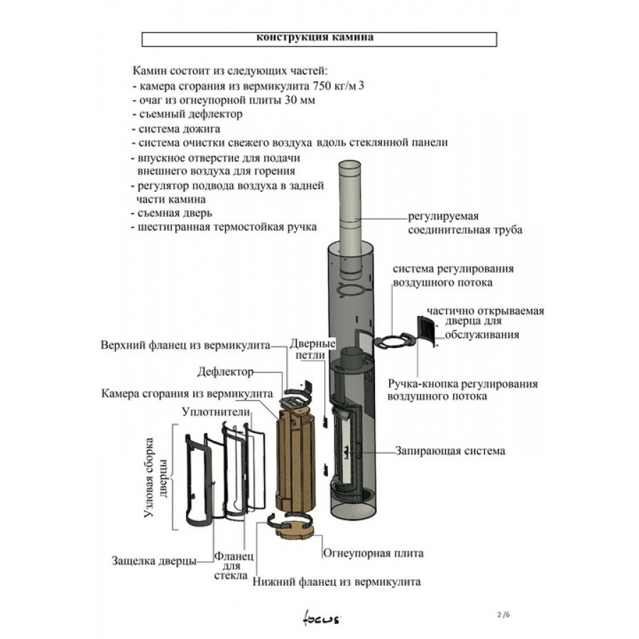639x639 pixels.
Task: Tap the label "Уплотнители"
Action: click(x=216, y=412)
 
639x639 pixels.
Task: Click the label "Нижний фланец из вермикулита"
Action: click(x=336, y=581)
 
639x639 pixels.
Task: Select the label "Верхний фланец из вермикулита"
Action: click(x=185, y=345)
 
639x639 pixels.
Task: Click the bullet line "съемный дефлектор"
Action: click(x=188, y=114)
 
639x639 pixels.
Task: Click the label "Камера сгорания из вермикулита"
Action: click(x=187, y=393)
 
